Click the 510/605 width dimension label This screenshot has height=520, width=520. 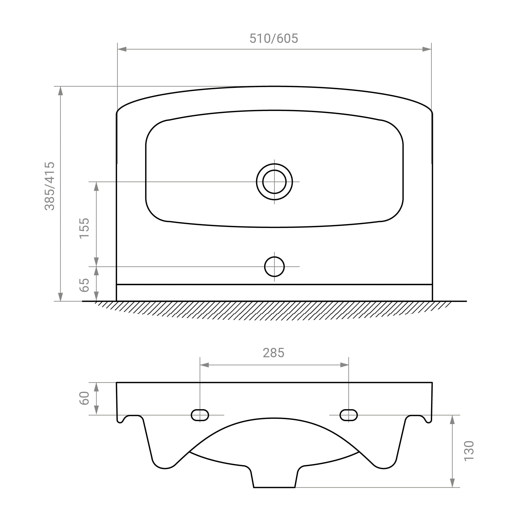[x=274, y=38]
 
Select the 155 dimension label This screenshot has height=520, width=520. [x=84, y=228]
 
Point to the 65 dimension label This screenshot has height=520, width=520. [x=84, y=285]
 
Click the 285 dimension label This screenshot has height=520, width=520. [x=274, y=353]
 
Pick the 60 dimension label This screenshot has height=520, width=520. [x=84, y=398]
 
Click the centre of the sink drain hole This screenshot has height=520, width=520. [x=274, y=182]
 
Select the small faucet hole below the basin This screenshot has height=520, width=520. [x=274, y=267]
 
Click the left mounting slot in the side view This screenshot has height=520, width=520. [x=200, y=415]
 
